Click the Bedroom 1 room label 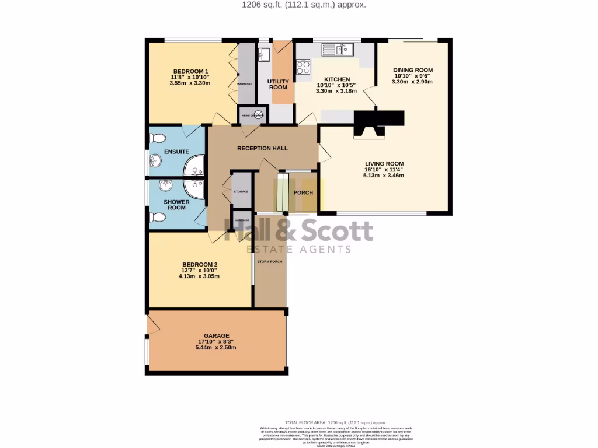point(190,71)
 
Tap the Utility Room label point(277,84)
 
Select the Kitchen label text point(337,79)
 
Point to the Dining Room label point(412,70)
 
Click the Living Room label point(384,164)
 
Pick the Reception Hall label point(262,148)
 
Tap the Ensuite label point(176,152)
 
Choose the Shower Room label point(176,205)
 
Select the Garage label point(216,336)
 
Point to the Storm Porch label point(270,261)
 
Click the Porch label point(303,192)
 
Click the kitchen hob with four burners point(303,68)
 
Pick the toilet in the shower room point(157,218)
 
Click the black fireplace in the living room point(378,121)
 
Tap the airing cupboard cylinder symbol point(258,114)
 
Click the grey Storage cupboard point(241,191)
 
